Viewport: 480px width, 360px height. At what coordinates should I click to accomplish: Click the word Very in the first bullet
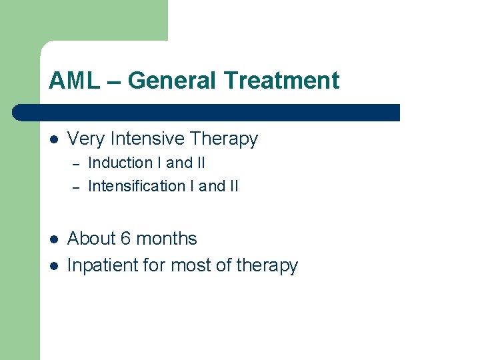(x=87, y=139)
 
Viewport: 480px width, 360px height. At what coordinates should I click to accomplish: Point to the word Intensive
(x=147, y=139)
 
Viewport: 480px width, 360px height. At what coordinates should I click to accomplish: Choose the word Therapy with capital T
(x=223, y=139)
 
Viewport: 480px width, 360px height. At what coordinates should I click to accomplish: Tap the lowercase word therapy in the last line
(x=266, y=265)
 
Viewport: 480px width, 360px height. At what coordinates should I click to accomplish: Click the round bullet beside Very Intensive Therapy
(x=53, y=139)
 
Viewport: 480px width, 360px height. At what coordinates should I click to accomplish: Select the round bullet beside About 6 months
(x=53, y=239)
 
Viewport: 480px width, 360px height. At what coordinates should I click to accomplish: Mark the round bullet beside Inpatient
(x=53, y=266)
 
